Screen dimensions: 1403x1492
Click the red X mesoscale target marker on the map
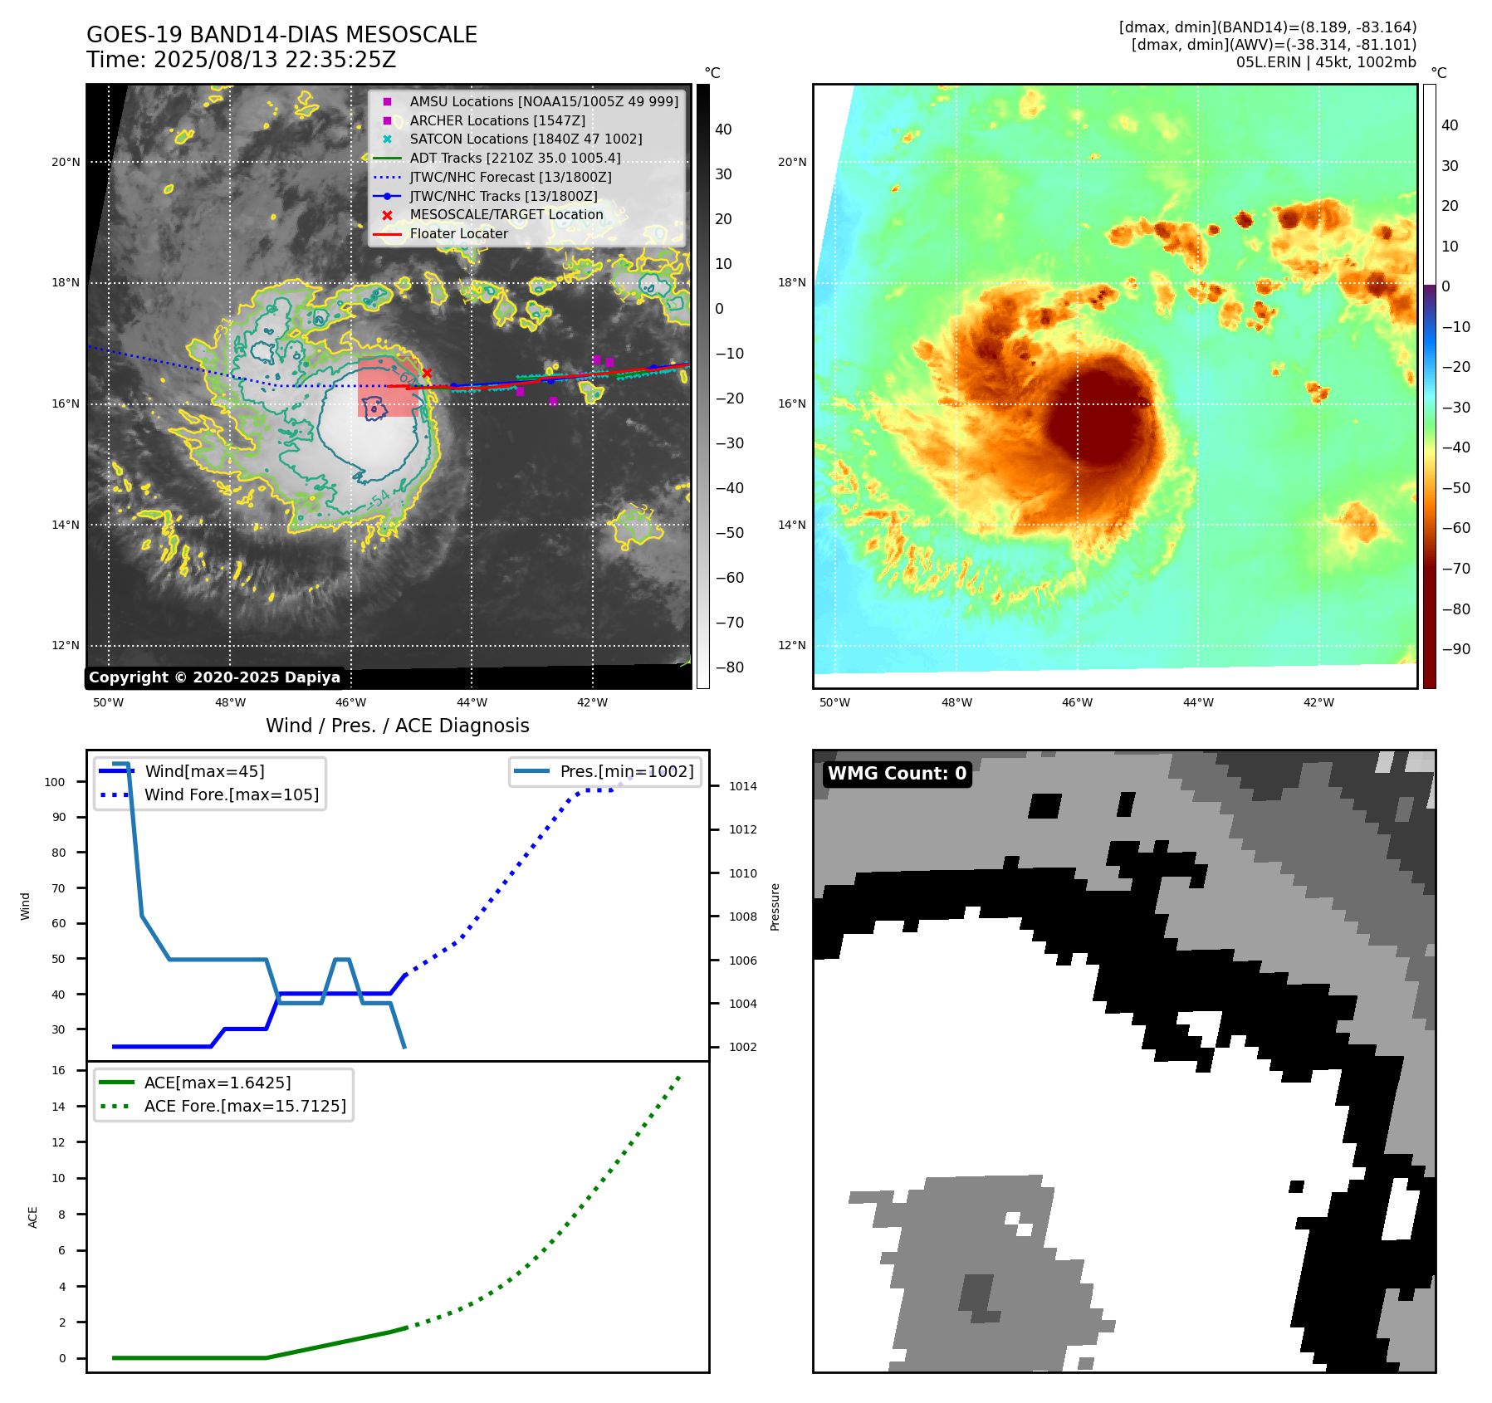427,374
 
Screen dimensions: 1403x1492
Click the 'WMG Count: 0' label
897,774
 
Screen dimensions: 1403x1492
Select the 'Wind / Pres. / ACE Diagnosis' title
397,726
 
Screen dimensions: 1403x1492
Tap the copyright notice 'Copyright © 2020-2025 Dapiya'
214,677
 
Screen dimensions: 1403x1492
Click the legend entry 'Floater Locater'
458,234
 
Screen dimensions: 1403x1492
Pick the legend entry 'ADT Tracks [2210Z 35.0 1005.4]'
515,158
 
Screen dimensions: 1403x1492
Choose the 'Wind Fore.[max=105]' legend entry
231,794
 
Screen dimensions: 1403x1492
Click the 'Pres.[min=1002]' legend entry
626,771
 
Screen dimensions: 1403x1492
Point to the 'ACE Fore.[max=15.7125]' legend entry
245,1106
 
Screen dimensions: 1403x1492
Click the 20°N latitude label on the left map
66,162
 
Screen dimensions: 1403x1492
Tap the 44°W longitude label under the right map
1197,702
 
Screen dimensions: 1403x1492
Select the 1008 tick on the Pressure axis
743,917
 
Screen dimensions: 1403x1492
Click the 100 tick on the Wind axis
55,782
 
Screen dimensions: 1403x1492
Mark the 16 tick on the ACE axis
59,1070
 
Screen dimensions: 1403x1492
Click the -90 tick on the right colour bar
1455,649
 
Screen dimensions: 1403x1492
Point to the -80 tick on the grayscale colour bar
730,667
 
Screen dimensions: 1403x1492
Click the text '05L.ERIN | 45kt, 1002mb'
1326,62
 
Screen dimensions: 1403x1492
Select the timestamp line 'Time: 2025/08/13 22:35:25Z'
241,60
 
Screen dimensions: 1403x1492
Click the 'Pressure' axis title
775,907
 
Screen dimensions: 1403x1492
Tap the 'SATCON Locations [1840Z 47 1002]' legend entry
526,139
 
